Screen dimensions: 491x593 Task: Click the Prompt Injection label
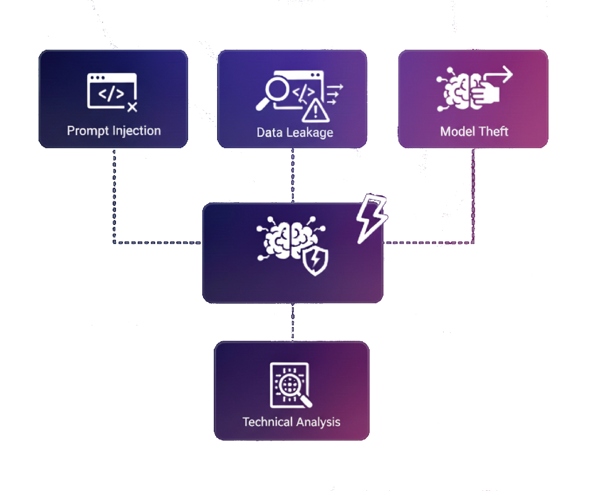click(114, 131)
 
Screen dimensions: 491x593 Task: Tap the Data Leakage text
click(295, 132)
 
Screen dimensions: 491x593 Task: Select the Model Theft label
click(474, 131)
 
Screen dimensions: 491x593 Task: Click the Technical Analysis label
click(291, 422)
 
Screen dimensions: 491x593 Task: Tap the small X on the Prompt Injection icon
click(132, 107)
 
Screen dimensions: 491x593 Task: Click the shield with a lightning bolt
click(315, 261)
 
